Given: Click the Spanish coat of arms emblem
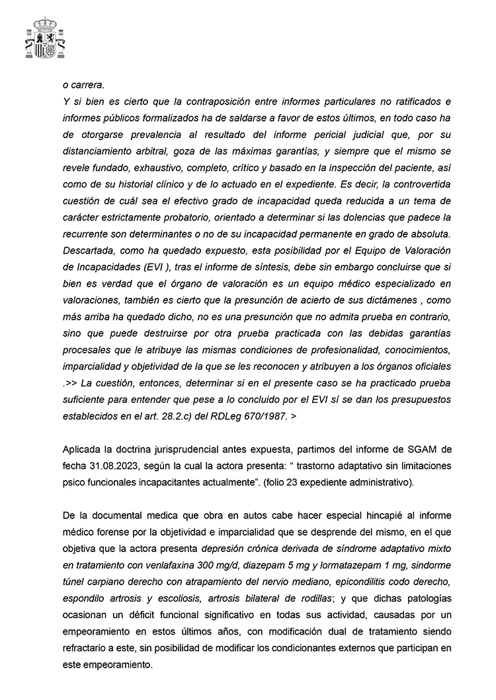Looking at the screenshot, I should [45, 39].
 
